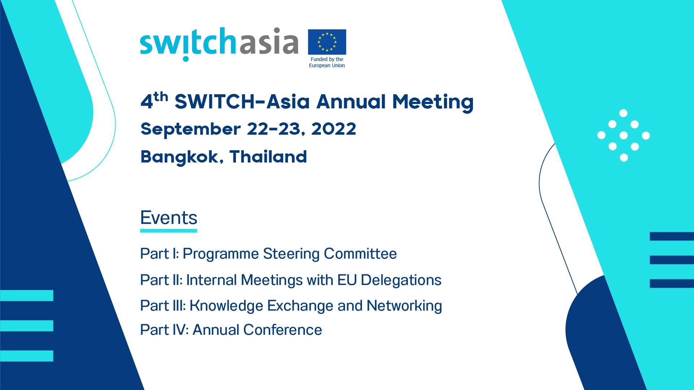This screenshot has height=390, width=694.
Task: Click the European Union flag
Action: tap(327, 42)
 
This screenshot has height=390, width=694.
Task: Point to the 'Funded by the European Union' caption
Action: tap(327, 62)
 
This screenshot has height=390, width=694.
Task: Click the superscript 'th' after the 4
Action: tap(161, 96)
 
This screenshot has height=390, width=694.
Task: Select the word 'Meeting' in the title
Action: tap(432, 102)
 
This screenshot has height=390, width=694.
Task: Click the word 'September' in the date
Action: tap(190, 130)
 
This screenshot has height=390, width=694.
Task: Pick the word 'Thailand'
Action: tap(268, 157)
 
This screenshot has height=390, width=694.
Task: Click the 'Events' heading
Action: tap(169, 218)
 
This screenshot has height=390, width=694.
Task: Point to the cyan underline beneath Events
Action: tap(169, 230)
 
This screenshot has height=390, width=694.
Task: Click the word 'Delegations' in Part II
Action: tap(401, 280)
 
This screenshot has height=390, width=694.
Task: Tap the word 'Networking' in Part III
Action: tap(404, 306)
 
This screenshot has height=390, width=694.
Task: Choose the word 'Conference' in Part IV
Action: tap(282, 330)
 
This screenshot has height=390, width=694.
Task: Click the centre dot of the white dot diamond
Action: tap(624, 135)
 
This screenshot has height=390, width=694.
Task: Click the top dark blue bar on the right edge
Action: tap(672, 236)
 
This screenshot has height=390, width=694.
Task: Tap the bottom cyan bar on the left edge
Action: tap(27, 356)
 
